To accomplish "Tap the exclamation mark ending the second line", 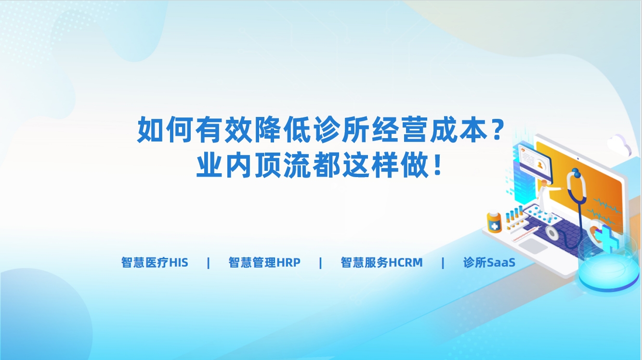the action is (437, 165).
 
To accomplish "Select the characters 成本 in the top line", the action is (459, 129).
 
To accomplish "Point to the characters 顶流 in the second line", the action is (283, 165).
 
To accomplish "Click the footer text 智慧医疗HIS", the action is (155, 262).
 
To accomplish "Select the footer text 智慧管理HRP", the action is (264, 262).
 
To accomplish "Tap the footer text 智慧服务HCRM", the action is (381, 262).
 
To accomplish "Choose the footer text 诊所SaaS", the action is (489, 262).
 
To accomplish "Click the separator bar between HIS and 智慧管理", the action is (209, 263).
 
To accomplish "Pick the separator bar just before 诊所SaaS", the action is (443, 263).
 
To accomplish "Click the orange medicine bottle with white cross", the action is (494, 222).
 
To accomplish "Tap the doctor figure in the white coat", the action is (544, 199).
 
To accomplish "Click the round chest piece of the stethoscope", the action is (551, 232).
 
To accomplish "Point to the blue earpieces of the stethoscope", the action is (576, 172).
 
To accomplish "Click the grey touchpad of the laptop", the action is (533, 246).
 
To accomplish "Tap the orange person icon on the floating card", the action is (540, 165).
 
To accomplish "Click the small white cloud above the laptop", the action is (619, 145).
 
